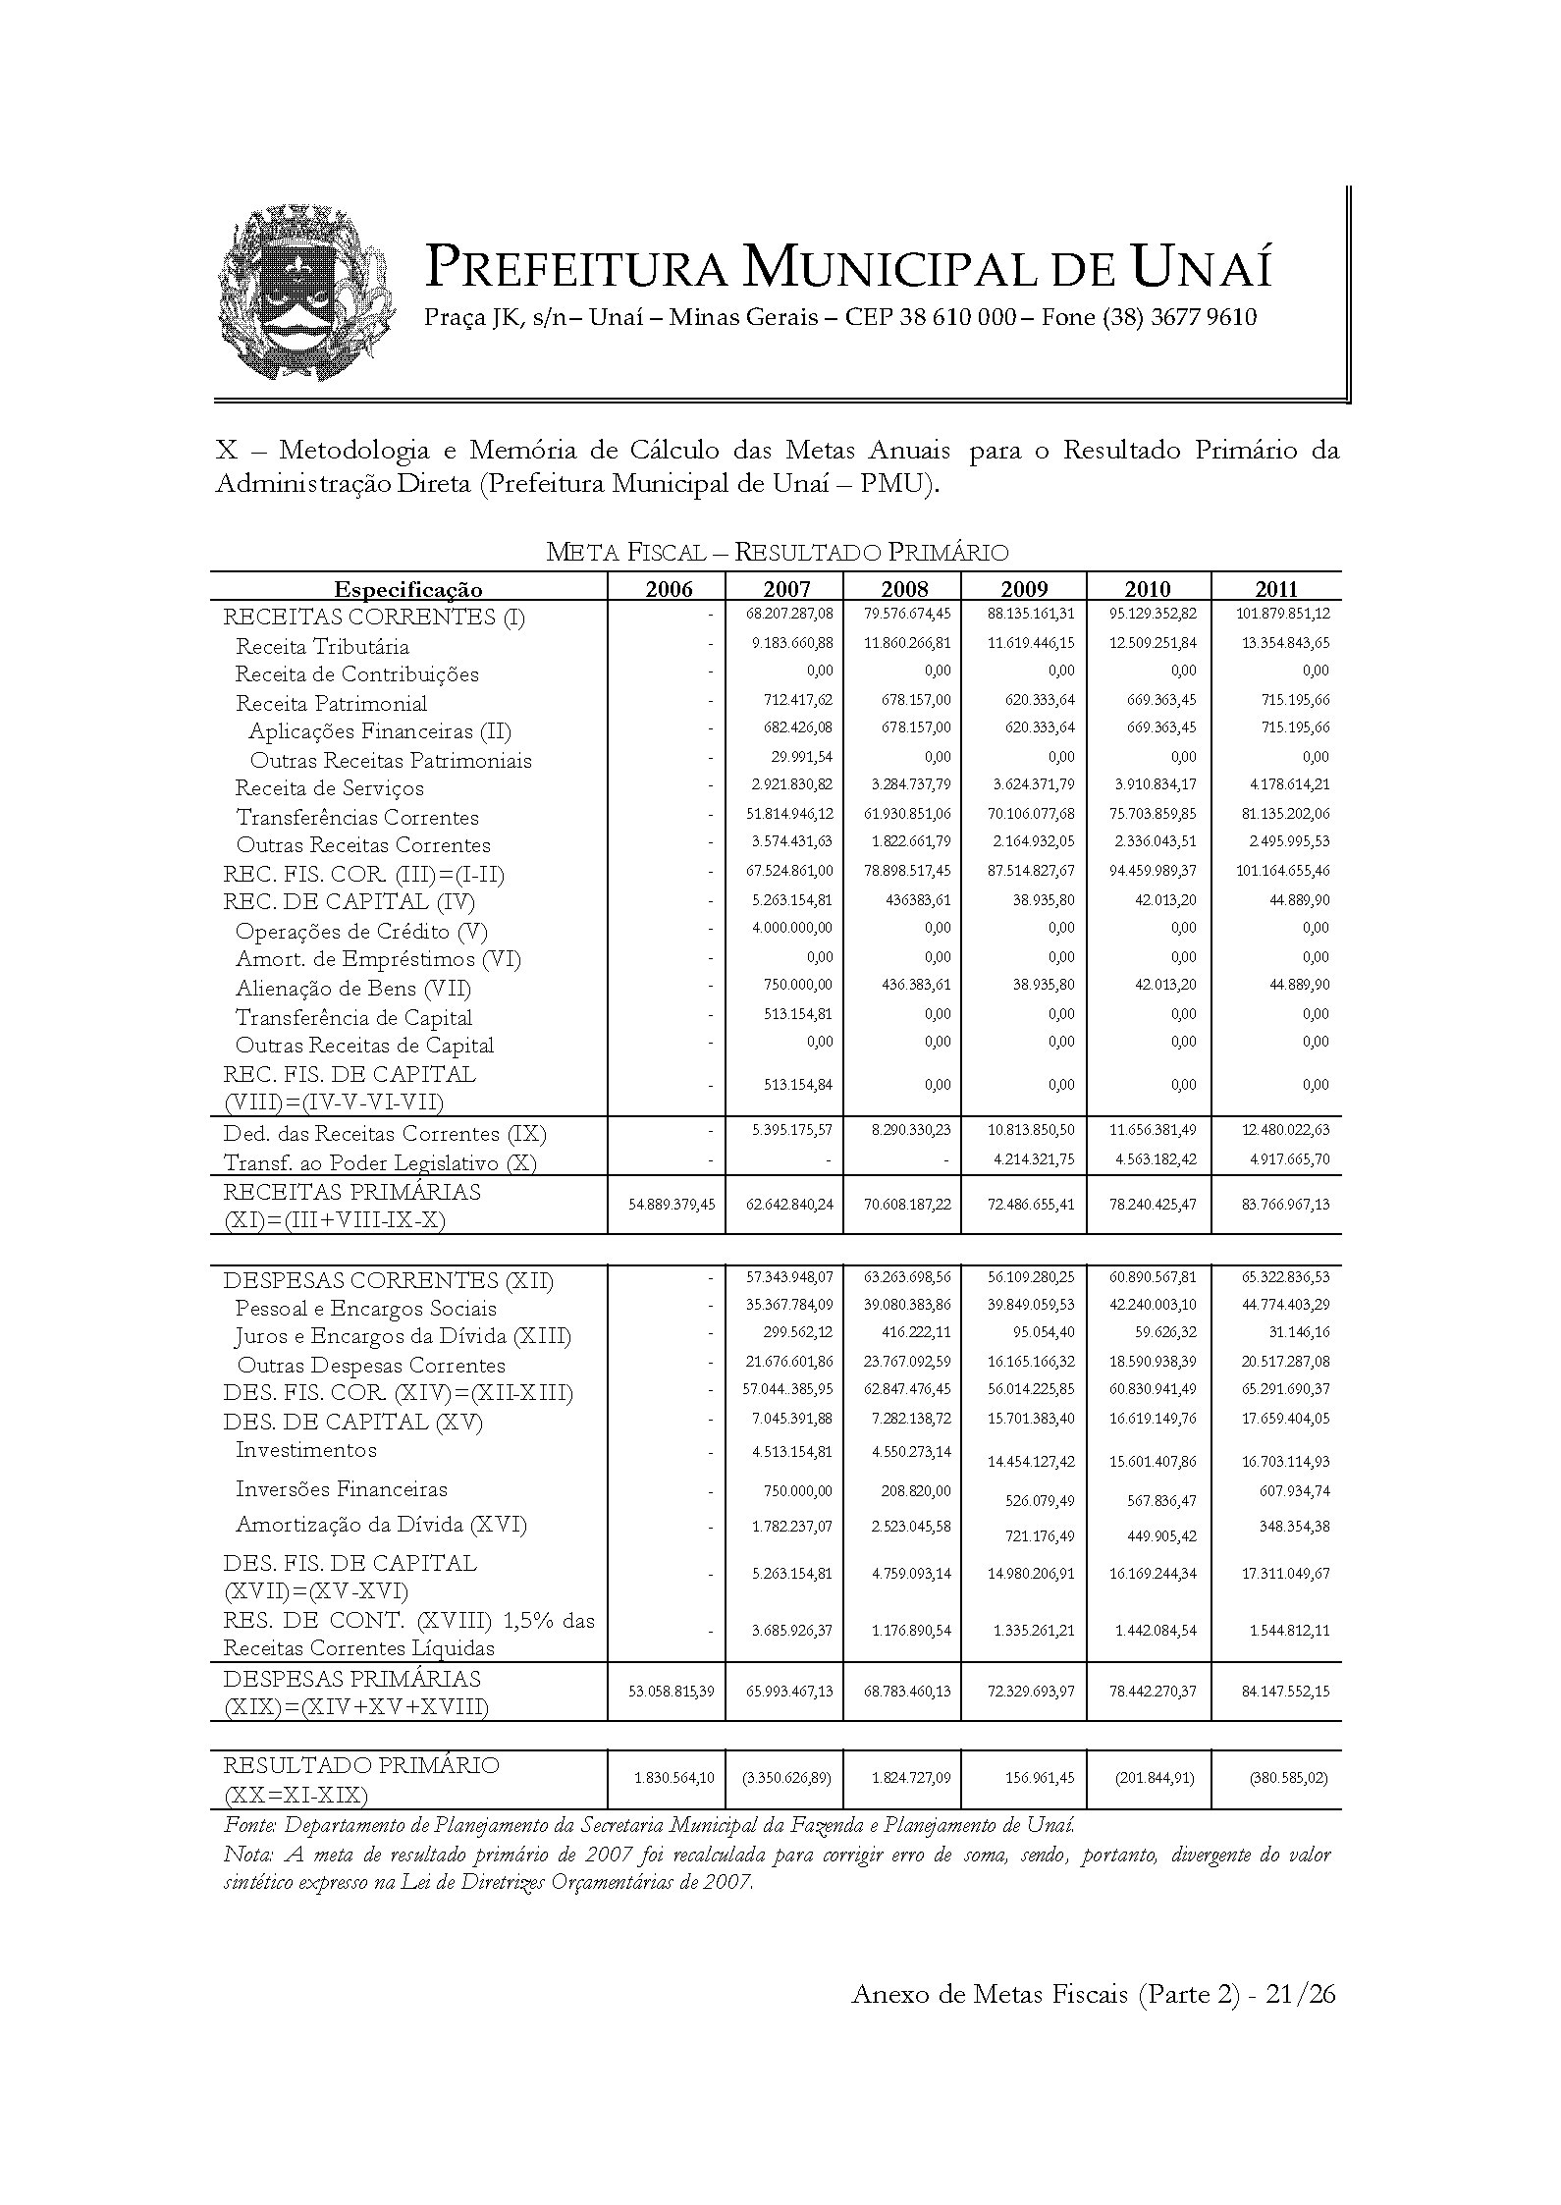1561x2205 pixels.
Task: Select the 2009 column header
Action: [x=1024, y=589]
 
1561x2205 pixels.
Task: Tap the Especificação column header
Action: [x=408, y=589]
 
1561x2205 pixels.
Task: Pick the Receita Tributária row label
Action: [x=322, y=647]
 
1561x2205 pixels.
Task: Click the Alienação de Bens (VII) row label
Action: [x=352, y=989]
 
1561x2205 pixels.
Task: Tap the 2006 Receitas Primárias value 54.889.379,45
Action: [x=672, y=1204]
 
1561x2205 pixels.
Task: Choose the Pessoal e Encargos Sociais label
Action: [x=365, y=1309]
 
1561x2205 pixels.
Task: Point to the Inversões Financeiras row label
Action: [x=341, y=1489]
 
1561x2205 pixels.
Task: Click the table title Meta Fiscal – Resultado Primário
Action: [x=777, y=553]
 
